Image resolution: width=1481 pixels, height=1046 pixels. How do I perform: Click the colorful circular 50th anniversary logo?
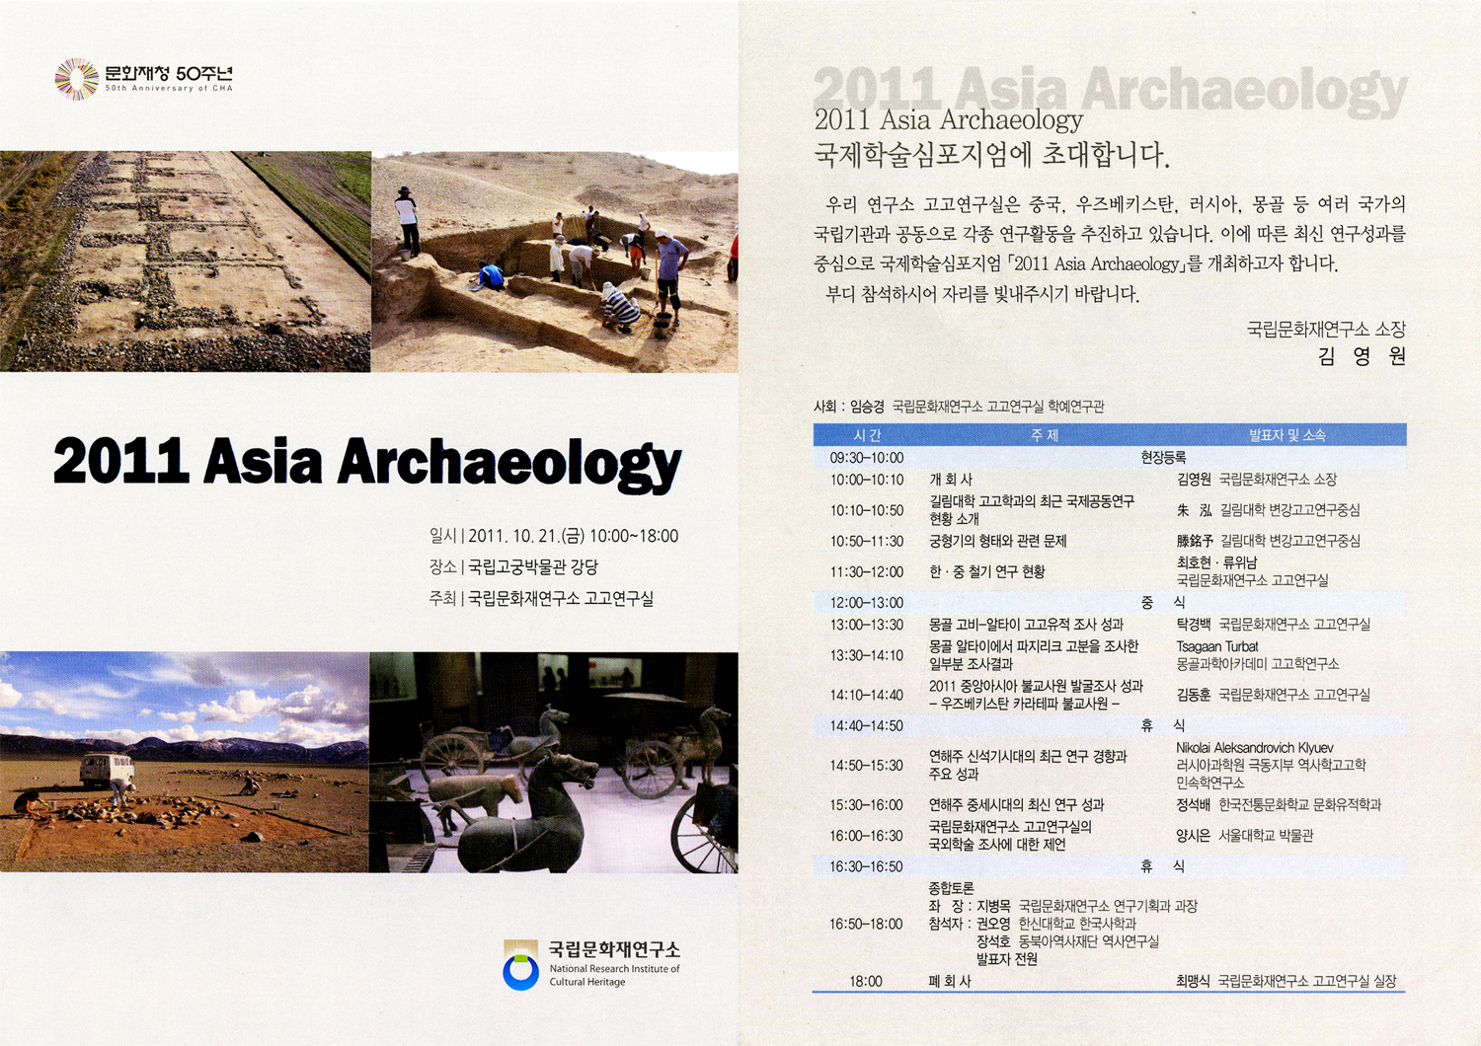click(77, 79)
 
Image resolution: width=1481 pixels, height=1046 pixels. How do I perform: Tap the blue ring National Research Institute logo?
click(521, 972)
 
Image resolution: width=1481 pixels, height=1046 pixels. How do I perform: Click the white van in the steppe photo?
click(107, 771)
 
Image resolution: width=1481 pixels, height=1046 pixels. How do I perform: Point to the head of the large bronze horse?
click(580, 771)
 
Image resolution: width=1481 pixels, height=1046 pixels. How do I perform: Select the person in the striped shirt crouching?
click(620, 307)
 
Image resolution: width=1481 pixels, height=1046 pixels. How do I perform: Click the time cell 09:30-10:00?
click(866, 457)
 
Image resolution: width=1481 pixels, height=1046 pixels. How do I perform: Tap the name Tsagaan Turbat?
click(1216, 646)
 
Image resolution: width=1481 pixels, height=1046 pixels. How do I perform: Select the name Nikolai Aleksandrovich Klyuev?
click(1254, 747)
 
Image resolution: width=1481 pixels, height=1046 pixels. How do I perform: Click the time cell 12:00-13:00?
click(866, 602)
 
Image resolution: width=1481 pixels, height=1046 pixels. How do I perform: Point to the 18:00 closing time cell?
click(866, 981)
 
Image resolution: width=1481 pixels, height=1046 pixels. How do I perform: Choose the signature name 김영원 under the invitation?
click(1361, 356)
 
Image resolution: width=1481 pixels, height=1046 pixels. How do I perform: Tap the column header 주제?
click(1044, 435)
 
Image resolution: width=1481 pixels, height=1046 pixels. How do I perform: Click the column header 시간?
click(867, 435)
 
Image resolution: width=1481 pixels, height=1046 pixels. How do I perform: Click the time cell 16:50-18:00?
click(866, 924)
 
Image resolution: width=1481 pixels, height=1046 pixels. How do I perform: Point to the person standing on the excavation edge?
click(407, 221)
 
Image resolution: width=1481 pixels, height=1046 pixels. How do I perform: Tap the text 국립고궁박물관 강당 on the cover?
click(533, 567)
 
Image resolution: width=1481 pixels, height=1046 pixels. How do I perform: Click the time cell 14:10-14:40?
click(866, 695)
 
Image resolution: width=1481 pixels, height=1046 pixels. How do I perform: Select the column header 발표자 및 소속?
click(1286, 435)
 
